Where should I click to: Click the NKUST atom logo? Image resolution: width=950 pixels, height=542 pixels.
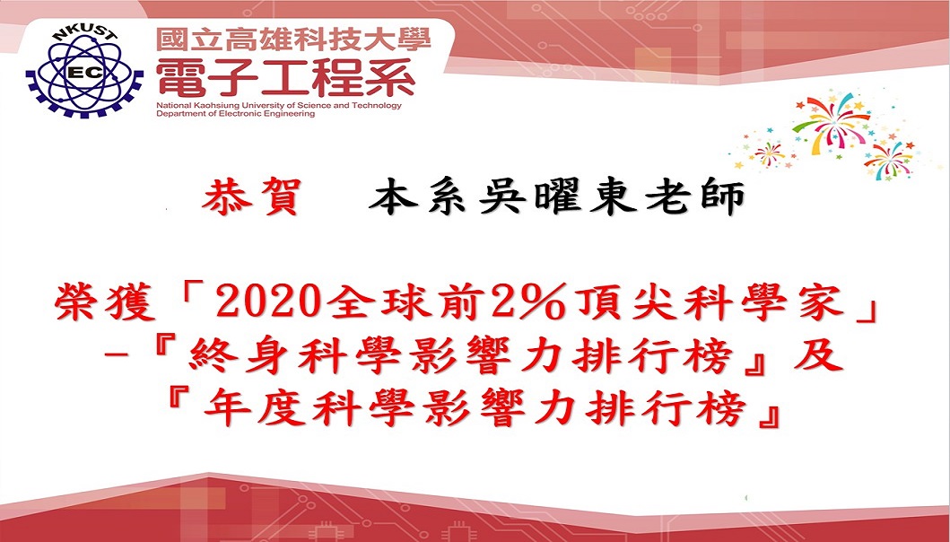(84, 72)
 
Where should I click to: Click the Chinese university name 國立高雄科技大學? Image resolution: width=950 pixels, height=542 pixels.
(293, 40)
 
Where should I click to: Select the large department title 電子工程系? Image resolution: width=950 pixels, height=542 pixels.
(285, 78)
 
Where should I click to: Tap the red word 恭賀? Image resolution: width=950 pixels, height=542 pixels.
(250, 198)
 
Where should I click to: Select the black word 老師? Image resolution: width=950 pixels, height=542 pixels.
(694, 198)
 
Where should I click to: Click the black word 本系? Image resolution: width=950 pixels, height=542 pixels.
(417, 198)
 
